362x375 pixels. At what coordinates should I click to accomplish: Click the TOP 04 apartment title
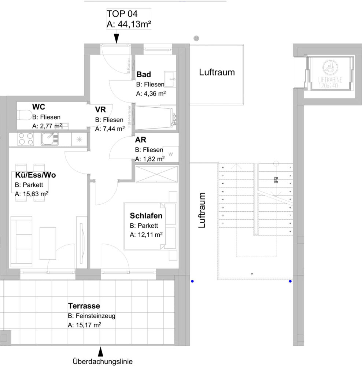tap(122, 14)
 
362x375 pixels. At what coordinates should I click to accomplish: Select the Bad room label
tap(144, 75)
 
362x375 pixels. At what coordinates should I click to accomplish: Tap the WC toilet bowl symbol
tap(25, 115)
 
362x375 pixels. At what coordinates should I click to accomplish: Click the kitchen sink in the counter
tap(50, 138)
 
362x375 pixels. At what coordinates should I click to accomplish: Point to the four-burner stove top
tap(26, 139)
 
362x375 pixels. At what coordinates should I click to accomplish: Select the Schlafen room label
tap(146, 216)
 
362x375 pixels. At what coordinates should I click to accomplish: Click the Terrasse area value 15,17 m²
tap(85, 325)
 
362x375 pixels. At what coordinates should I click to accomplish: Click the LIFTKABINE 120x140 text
tap(329, 82)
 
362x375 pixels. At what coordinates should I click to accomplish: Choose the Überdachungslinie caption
tap(103, 362)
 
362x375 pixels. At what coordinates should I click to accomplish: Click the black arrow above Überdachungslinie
tap(100, 352)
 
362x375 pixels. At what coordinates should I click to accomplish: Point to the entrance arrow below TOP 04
tap(116, 38)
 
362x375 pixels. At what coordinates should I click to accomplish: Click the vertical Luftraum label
tap(202, 211)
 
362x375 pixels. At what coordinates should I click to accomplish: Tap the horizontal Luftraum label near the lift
tap(217, 72)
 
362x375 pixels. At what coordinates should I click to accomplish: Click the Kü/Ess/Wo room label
tap(35, 175)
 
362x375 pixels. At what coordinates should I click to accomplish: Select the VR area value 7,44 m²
tap(110, 129)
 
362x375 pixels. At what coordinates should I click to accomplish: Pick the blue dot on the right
tap(290, 282)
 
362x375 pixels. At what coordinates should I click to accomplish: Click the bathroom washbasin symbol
tap(170, 78)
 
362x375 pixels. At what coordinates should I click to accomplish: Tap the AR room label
tap(140, 140)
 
